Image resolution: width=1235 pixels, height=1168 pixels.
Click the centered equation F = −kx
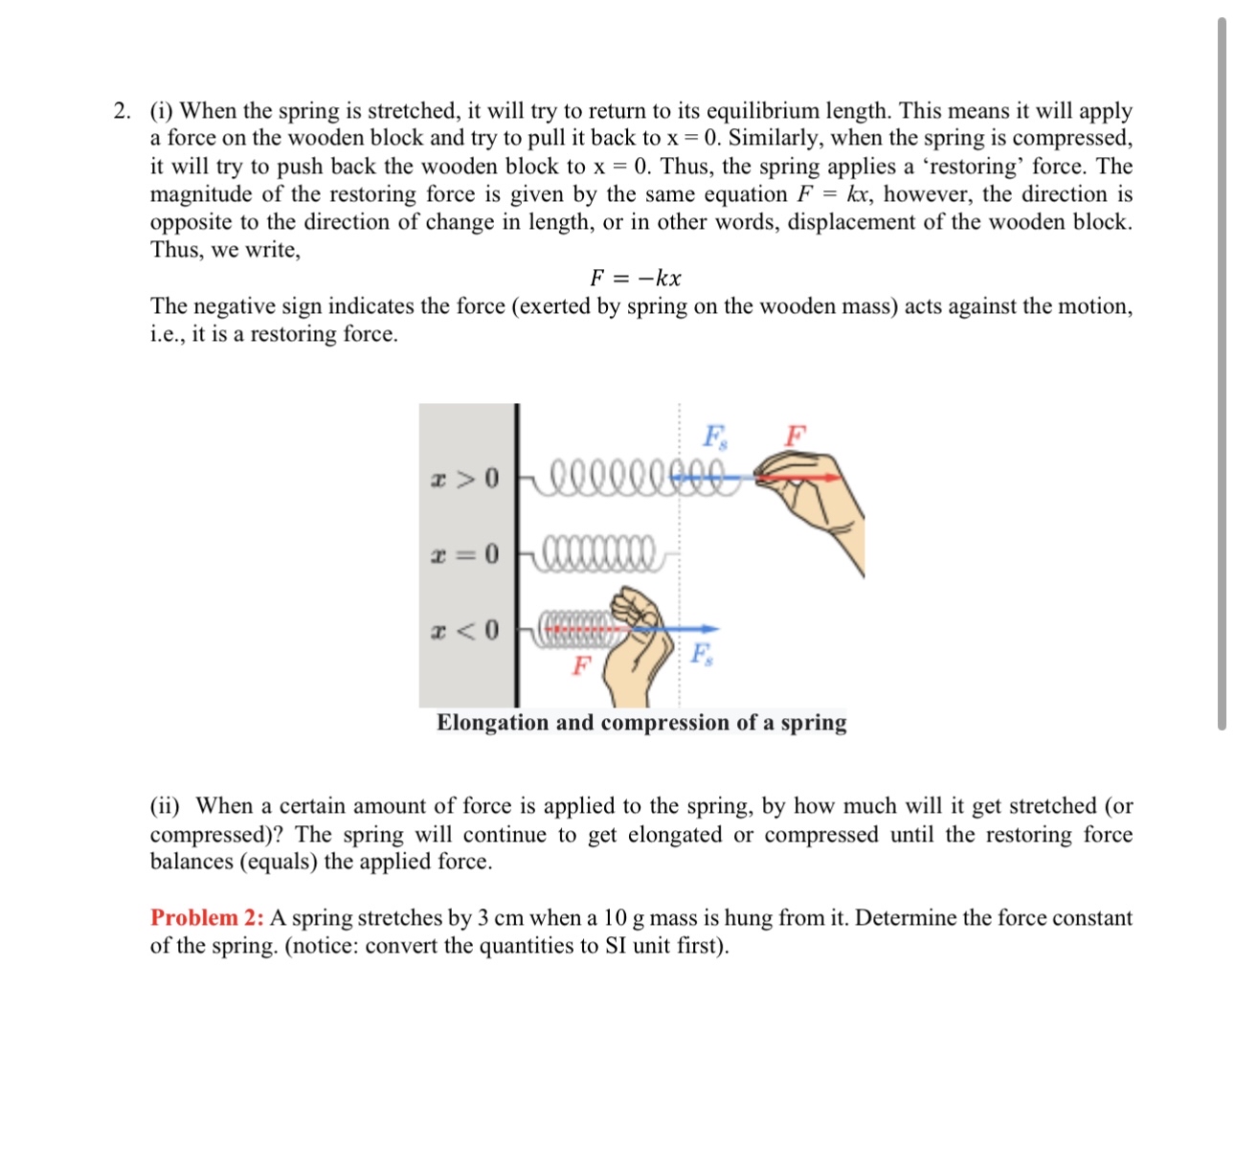point(635,279)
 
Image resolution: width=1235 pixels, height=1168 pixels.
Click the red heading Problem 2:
point(207,918)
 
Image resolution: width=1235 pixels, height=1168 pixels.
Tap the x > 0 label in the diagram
point(464,477)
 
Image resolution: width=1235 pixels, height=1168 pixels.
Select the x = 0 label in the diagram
point(464,553)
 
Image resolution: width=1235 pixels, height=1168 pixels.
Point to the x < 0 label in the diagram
point(464,630)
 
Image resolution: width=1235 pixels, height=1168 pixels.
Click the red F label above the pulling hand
point(795,437)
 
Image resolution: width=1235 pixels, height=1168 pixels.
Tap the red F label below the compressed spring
point(580,665)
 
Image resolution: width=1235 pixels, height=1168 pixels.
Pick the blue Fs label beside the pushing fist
point(702,655)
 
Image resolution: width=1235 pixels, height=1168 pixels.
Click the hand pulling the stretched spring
point(820,507)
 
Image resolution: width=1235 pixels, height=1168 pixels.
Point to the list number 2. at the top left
point(122,111)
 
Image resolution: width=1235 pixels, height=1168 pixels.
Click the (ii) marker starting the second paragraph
point(164,806)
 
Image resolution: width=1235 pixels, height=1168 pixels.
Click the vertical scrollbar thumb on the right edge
point(1222,373)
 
